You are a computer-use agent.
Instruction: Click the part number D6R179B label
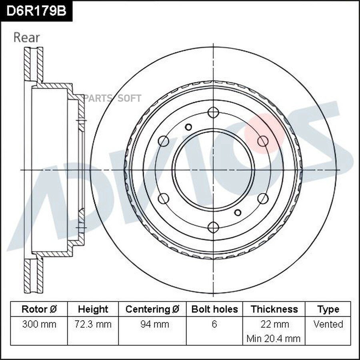tap(36, 11)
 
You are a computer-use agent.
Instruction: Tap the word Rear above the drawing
tap(27, 38)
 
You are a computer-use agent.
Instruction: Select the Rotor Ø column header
tap(39, 309)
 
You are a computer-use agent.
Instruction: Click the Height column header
tap(93, 309)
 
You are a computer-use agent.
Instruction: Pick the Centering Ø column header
tap(152, 309)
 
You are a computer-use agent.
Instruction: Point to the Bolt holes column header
tap(214, 309)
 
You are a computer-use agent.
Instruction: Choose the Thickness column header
tap(274, 309)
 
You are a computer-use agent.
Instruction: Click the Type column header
tap(328, 310)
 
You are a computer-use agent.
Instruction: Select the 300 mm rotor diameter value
tap(39, 324)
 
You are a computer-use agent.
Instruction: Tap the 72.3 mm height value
tap(93, 324)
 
